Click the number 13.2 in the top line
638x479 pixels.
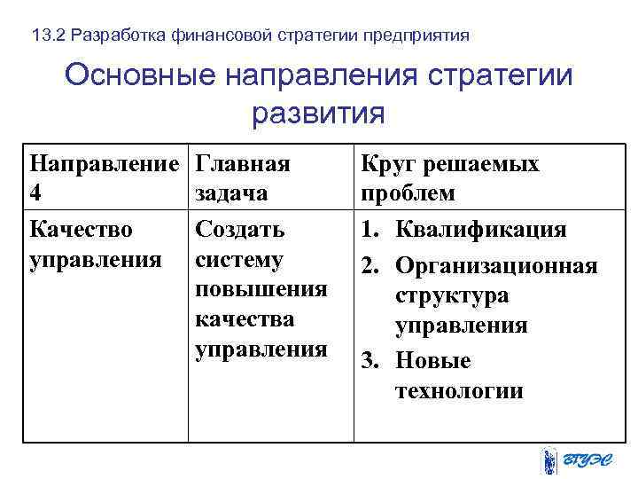(x=47, y=36)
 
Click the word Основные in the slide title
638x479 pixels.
(x=141, y=75)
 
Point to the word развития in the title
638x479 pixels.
(x=318, y=114)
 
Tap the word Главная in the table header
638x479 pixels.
(x=243, y=164)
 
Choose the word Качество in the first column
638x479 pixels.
(x=82, y=230)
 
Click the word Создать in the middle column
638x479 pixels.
(x=240, y=230)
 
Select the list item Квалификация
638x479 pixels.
(x=480, y=230)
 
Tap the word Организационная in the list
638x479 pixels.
(x=496, y=265)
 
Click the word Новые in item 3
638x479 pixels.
(x=433, y=361)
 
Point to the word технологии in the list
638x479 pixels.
(x=459, y=391)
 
